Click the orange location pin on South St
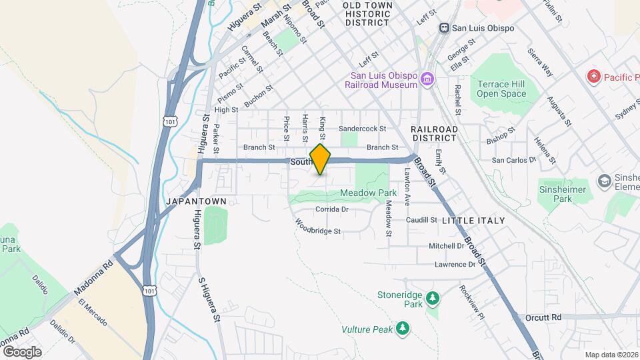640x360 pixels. coord(321,159)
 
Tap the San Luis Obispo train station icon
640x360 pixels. coord(444,28)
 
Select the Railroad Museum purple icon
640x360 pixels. coord(427,79)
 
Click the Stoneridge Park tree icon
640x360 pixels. coord(433,297)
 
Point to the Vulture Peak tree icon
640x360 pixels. coord(402,329)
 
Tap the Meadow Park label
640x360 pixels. coord(363,193)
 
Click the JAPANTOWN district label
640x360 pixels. coord(201,201)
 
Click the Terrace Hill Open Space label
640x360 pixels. coord(501,89)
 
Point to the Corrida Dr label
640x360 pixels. coord(332,209)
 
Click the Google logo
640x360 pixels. coord(22,351)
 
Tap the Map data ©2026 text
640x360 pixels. coord(611,355)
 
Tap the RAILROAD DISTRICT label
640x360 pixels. coord(434,133)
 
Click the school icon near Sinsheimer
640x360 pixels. coord(604,181)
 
